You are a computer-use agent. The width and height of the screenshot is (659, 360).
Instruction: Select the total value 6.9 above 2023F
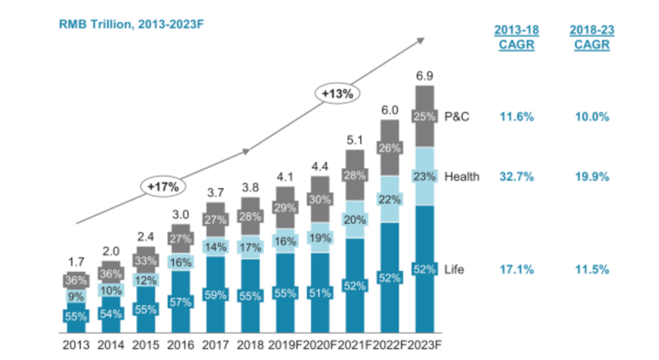pos(426,76)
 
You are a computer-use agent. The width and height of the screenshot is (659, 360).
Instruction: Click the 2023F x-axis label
pos(426,344)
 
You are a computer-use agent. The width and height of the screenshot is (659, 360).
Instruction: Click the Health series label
pos(464,177)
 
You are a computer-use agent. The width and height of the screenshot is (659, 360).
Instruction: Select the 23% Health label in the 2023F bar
pos(425,177)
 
